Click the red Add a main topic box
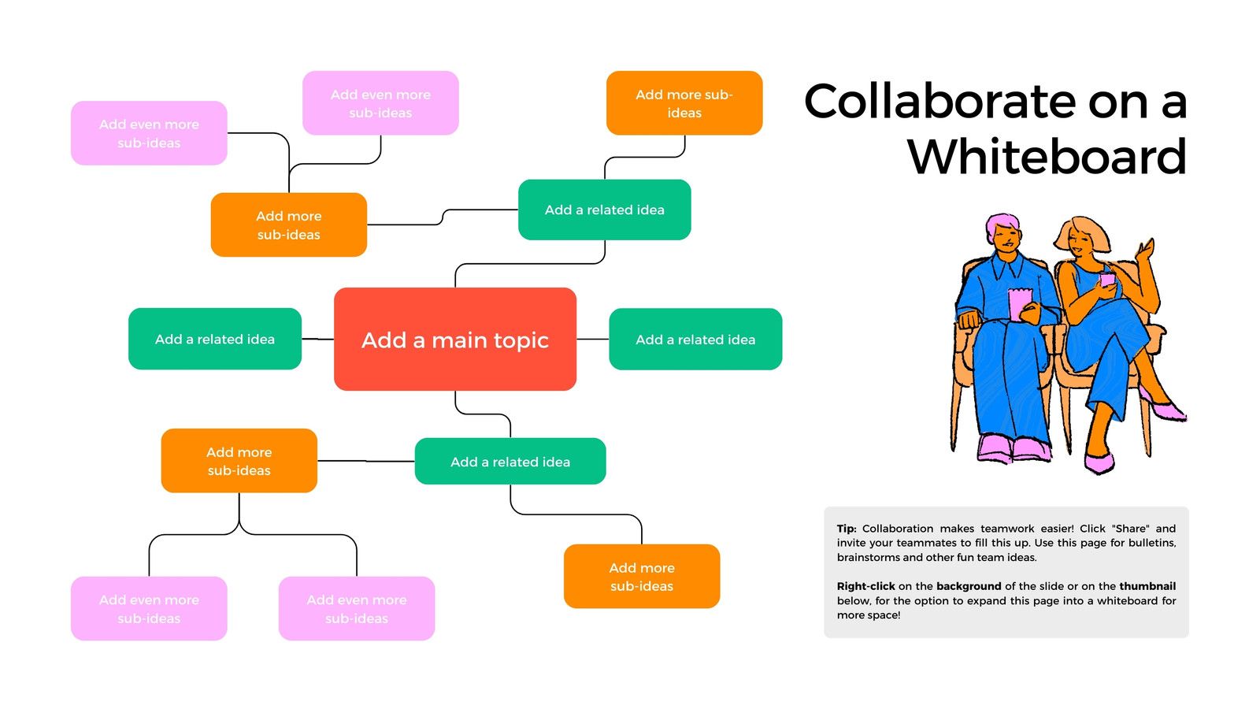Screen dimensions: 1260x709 point(455,340)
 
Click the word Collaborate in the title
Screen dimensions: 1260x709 point(939,102)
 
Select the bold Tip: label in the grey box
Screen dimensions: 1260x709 point(846,529)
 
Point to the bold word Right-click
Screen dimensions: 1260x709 point(865,586)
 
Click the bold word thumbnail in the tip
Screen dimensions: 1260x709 point(1147,586)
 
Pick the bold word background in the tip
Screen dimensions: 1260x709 point(969,586)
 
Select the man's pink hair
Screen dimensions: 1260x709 point(1002,224)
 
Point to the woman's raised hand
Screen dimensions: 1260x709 point(1146,251)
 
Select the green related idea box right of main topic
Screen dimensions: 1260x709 point(695,340)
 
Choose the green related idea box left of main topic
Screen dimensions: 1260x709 point(215,339)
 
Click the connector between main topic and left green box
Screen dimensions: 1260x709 point(318,339)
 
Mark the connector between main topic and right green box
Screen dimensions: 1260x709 point(593,339)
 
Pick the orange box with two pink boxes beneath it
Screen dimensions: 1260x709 point(239,461)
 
